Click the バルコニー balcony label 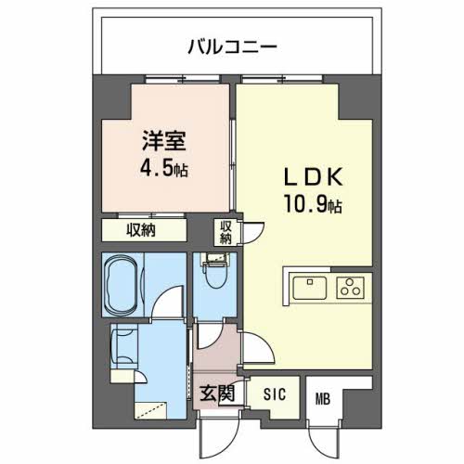[x=231, y=45]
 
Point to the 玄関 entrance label [x=216, y=393]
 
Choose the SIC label [x=274, y=393]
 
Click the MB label [x=322, y=400]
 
